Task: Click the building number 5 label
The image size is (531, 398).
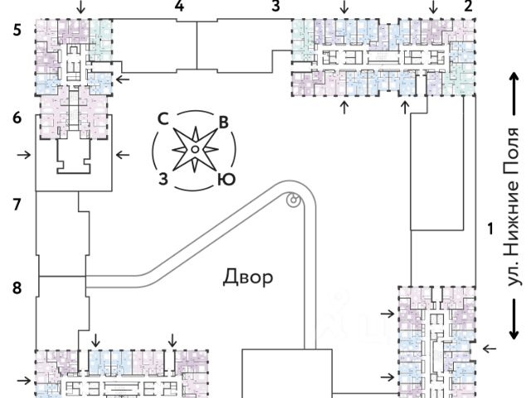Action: pos(17,31)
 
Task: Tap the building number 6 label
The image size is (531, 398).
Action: pos(17,118)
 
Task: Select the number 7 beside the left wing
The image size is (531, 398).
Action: pos(17,205)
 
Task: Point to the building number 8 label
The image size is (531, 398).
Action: pos(17,288)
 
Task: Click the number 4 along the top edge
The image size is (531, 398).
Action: pos(179,6)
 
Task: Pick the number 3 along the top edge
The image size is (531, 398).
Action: pos(276,6)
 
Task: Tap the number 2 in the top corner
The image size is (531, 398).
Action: pos(468,6)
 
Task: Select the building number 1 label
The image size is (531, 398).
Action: pos(490,229)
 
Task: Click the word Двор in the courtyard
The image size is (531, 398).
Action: pos(248,278)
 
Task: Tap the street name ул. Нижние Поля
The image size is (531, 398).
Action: pos(511,206)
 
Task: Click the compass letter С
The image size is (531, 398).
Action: pos(163,119)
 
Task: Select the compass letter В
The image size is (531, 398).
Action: pos(223,123)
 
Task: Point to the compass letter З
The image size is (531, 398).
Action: pos(163,179)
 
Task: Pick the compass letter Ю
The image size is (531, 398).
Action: pos(227,180)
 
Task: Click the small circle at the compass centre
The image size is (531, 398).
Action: pos(195,149)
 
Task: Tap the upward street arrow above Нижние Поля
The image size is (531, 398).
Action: pos(514,94)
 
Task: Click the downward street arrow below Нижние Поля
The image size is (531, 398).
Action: pos(514,318)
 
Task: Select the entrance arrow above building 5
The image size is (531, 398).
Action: pos(80,7)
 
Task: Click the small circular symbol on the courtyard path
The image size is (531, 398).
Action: pos(293,199)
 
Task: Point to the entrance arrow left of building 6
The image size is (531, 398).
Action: pos(24,155)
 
